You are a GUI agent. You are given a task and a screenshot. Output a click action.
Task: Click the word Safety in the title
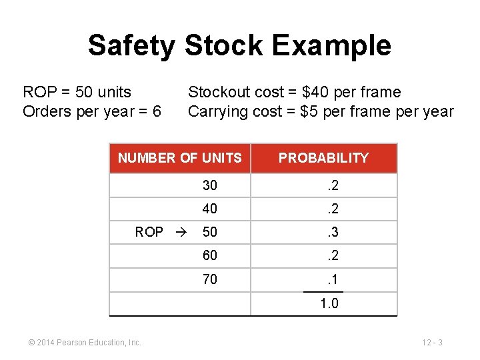[x=131, y=45]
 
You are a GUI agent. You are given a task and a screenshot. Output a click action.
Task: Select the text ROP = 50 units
[x=77, y=92]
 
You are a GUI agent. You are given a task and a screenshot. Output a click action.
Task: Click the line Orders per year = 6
[x=91, y=111]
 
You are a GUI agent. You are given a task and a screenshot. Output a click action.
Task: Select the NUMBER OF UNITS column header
[x=180, y=158]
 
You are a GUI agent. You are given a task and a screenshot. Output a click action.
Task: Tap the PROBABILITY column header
[x=323, y=158]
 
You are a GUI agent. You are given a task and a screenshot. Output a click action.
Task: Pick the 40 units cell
[x=210, y=209]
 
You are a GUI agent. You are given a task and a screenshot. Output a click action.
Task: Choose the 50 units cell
[x=210, y=232]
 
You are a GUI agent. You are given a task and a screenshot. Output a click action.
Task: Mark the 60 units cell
[x=210, y=255]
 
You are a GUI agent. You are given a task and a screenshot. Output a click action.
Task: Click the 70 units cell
[x=210, y=279]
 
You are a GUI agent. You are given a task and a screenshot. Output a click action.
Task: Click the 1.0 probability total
[x=329, y=303]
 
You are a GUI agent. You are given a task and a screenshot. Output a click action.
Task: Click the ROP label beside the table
[x=149, y=232]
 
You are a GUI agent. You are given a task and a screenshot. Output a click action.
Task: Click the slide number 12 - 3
[x=432, y=343]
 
